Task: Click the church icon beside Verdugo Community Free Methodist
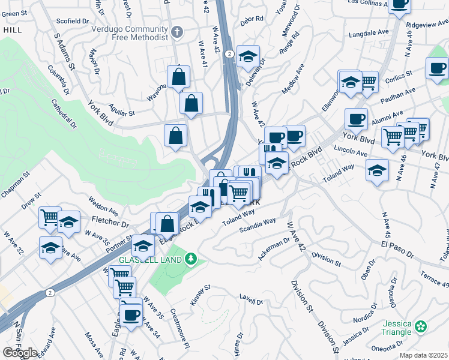pyautogui.click(x=176, y=31)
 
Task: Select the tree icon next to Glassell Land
pyautogui.click(x=191, y=259)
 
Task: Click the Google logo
pyautogui.click(x=20, y=353)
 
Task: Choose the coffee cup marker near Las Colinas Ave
pyautogui.click(x=399, y=4)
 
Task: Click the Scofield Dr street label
pyautogui.click(x=73, y=21)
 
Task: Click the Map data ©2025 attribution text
pyautogui.click(x=423, y=355)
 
